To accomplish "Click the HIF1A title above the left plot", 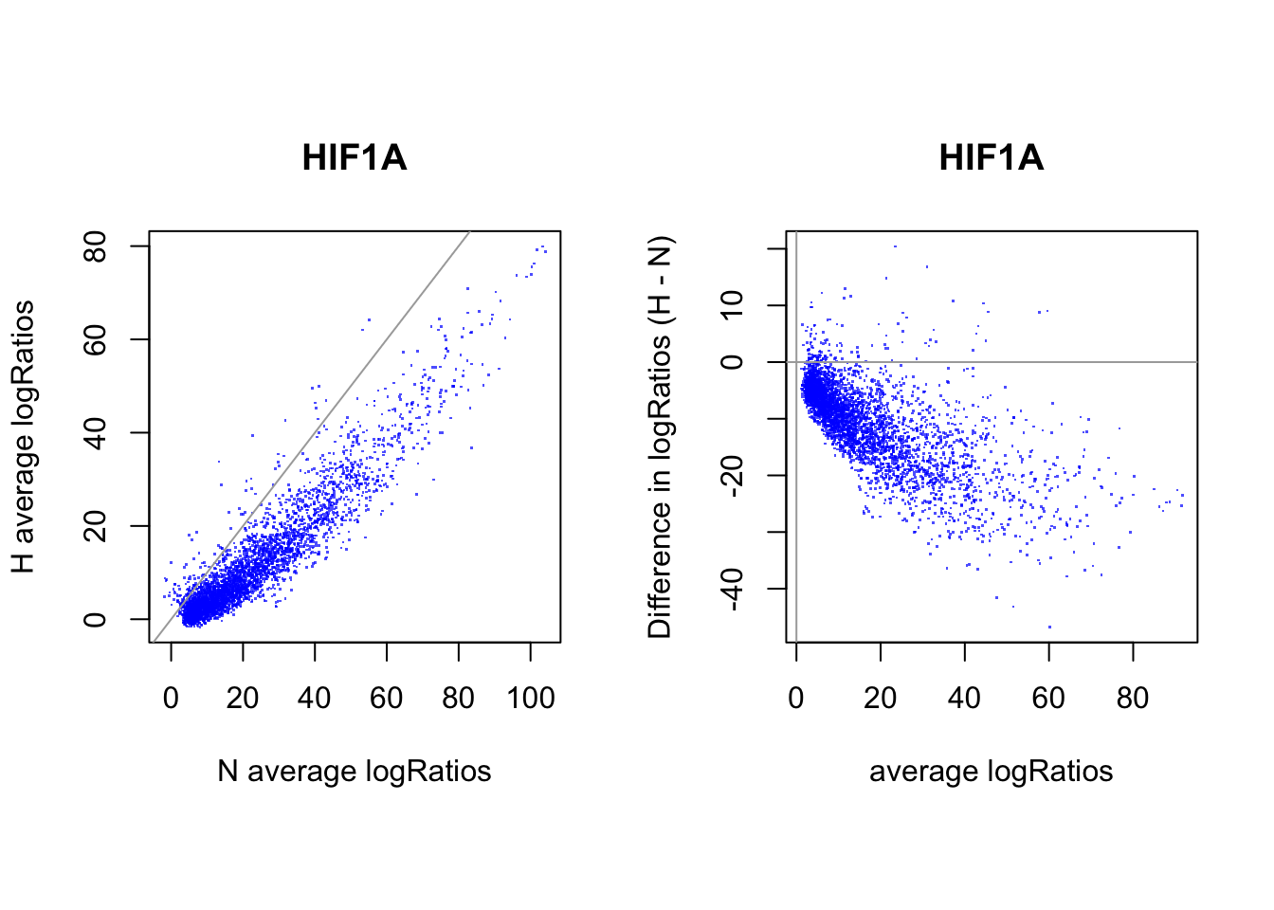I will pyautogui.click(x=355, y=157).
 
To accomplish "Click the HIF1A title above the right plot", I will pyautogui.click(x=991, y=157).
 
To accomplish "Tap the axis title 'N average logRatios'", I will pyautogui.click(x=355, y=772).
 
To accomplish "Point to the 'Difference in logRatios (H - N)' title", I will pyautogui.click(x=660, y=437).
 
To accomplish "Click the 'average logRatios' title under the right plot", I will pyautogui.click(x=991, y=772).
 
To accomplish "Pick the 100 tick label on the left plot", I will pyautogui.click(x=531, y=699).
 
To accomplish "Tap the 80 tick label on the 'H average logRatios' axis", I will pyautogui.click(x=96, y=246).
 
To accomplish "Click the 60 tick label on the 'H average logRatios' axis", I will pyautogui.click(x=96, y=339).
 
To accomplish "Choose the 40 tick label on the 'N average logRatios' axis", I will pyautogui.click(x=315, y=699).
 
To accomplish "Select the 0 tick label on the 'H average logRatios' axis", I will pyautogui.click(x=96, y=619).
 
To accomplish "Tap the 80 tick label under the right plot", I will pyautogui.click(x=1133, y=699).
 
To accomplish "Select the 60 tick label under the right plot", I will pyautogui.click(x=1048, y=699).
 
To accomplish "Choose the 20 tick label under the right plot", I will pyautogui.click(x=881, y=699).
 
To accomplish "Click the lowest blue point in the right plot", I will pyautogui.click(x=1049, y=627).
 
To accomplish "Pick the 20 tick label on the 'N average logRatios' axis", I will pyautogui.click(x=243, y=699).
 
